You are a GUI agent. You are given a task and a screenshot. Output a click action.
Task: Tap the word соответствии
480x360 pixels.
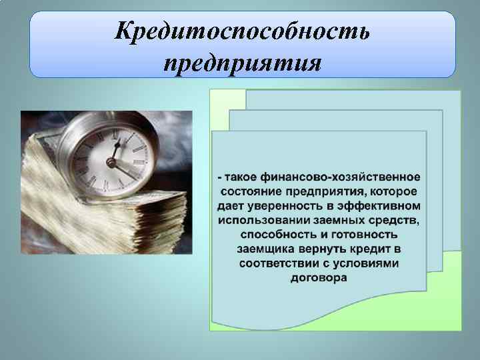click(x=274, y=263)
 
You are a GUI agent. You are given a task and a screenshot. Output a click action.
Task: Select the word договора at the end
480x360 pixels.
click(x=319, y=278)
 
